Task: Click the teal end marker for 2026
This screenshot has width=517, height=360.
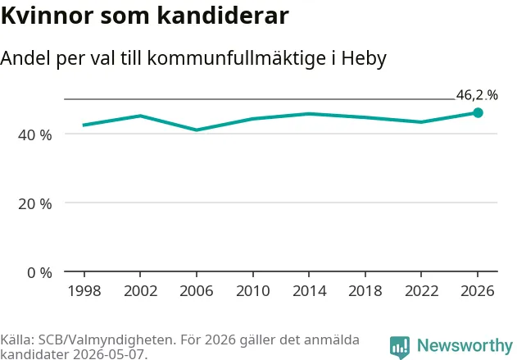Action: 478,113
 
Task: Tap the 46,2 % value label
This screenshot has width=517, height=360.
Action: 477,95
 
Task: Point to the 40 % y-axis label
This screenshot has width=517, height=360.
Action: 35,135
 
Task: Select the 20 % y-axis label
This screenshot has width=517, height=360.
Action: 35,204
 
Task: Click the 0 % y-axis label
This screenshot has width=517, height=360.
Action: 39,273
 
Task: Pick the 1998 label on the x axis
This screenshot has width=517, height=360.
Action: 84,291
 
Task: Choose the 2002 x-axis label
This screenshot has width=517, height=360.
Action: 140,291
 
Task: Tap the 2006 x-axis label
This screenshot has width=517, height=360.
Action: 197,291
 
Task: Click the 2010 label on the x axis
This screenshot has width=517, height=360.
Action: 253,291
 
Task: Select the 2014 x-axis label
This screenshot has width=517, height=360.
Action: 309,291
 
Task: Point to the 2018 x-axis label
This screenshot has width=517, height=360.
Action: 365,291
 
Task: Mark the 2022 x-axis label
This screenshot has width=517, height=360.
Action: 421,291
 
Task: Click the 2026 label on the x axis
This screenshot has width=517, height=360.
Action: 478,291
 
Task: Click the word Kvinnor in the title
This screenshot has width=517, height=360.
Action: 48,16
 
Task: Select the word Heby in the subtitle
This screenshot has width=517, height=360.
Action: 364,59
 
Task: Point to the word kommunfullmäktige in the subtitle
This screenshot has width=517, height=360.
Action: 237,59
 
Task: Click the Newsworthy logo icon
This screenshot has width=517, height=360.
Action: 400,348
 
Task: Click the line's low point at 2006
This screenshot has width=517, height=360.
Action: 197,130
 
